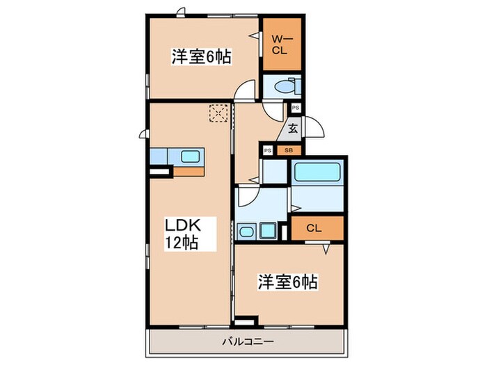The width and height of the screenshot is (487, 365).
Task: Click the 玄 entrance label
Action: [294, 129]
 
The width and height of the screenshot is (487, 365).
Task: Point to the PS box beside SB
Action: [268, 150]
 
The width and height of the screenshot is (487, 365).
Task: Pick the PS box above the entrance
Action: [296, 108]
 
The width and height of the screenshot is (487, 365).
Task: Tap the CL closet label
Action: [314, 227]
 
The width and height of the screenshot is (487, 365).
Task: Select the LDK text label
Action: [182, 226]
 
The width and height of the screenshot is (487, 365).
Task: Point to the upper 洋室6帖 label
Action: [202, 57]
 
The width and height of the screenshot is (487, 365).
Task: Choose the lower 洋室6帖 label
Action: [289, 282]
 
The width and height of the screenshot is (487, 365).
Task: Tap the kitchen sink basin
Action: [188, 156]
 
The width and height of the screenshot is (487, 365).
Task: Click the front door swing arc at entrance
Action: [314, 127]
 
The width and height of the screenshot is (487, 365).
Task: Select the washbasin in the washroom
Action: [247, 230]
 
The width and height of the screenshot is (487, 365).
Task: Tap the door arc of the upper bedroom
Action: [244, 91]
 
